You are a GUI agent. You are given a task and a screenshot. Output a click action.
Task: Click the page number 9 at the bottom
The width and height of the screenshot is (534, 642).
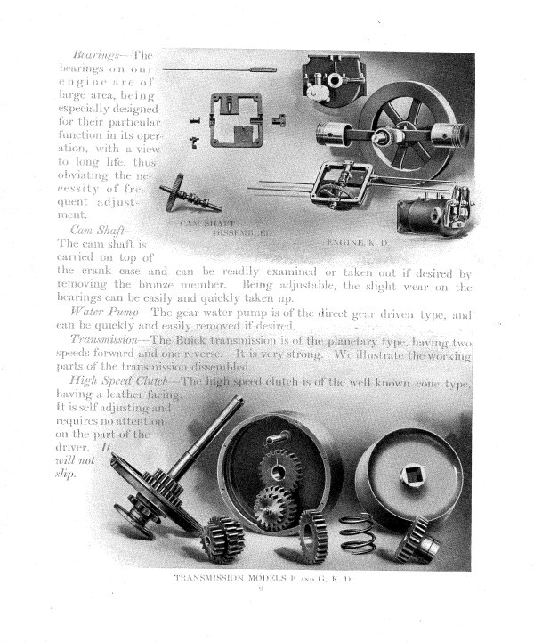[x=265, y=589]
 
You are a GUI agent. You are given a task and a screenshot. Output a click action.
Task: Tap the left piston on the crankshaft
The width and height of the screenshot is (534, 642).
[x=329, y=148]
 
